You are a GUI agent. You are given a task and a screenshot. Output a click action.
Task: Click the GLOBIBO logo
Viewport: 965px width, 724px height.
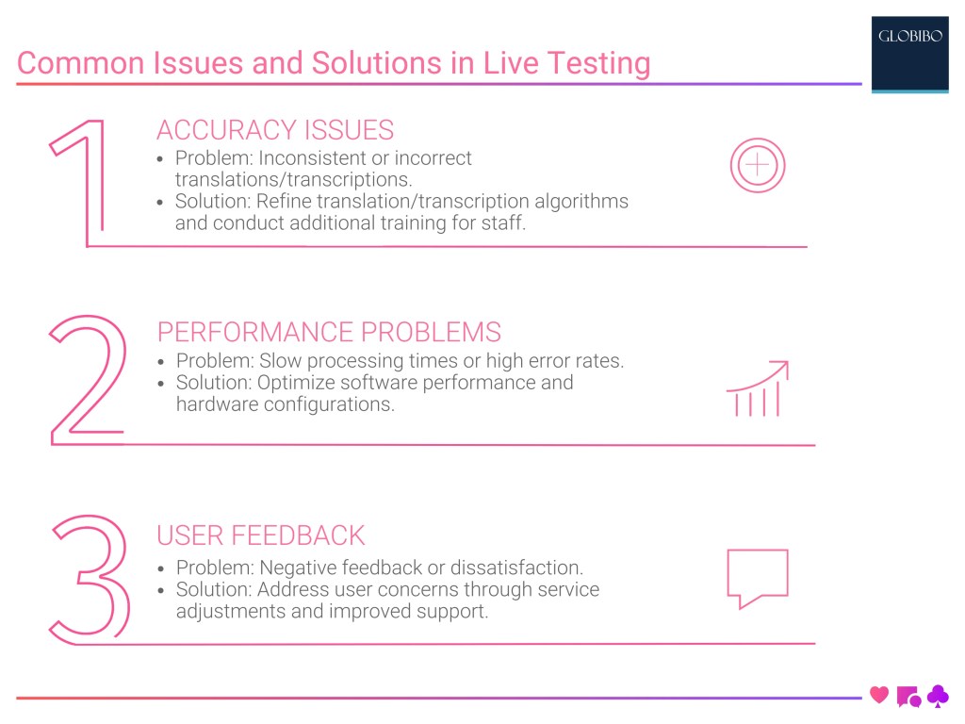click(909, 39)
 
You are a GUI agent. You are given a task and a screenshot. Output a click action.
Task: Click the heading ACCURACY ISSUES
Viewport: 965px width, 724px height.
click(275, 130)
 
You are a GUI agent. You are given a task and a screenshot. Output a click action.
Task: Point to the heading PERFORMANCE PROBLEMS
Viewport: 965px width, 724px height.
click(329, 332)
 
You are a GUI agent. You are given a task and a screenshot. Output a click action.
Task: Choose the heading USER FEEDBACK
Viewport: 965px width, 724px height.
click(260, 535)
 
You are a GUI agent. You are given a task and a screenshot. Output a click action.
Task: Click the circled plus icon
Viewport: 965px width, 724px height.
click(758, 167)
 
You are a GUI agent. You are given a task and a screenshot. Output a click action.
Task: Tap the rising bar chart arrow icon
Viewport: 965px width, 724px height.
click(757, 388)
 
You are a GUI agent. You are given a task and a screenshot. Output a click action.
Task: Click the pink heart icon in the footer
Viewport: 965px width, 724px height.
click(879, 696)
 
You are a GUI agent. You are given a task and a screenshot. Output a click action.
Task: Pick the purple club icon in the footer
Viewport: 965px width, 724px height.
click(938, 697)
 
